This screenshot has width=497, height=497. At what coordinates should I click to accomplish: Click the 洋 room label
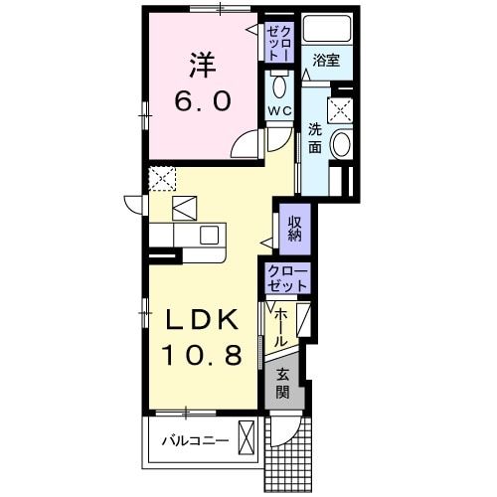[203, 66]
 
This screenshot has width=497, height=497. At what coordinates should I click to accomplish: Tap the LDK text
[202, 320]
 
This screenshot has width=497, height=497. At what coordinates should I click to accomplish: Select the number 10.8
[203, 355]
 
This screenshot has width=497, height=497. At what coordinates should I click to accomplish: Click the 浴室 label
[326, 61]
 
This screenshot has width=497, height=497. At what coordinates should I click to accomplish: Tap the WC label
[278, 111]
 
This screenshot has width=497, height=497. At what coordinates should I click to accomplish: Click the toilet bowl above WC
[278, 83]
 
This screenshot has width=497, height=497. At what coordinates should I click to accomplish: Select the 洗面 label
[314, 137]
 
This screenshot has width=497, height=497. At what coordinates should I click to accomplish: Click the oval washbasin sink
[340, 143]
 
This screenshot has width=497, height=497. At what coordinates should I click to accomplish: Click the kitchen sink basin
[208, 235]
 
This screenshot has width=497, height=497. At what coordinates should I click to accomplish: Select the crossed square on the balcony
[247, 437]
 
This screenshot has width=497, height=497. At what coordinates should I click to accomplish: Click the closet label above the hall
[287, 278]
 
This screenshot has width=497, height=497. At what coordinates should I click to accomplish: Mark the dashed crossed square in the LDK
[161, 179]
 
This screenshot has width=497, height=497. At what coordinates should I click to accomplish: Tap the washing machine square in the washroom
[340, 109]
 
